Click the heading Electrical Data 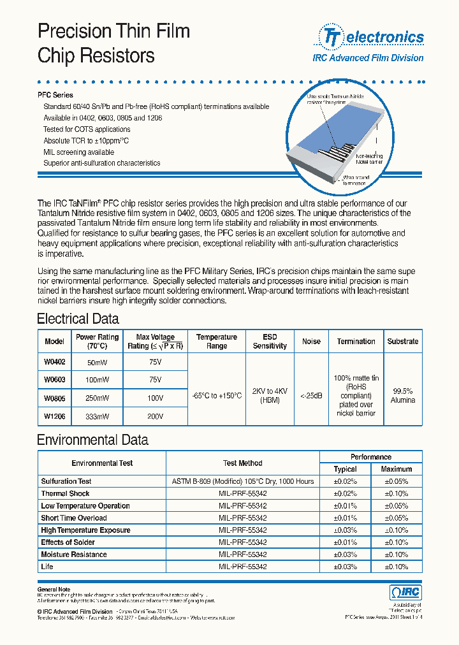point(78,319)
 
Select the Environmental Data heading point(92,440)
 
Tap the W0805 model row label point(54,398)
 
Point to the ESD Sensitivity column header point(270,341)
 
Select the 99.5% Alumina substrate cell point(402,396)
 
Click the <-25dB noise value point(311,396)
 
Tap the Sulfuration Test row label point(66,481)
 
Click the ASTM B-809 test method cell point(242,481)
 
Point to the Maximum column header point(397,469)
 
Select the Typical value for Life point(345,567)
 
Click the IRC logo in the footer point(405,592)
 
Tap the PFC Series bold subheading point(55,95)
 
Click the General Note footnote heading point(54,590)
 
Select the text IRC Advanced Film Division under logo point(368,58)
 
